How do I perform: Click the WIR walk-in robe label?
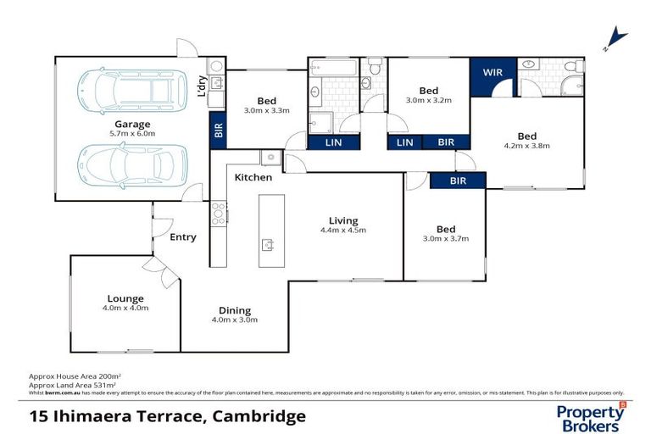[x=492, y=72]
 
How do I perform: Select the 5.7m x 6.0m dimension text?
[x=133, y=134]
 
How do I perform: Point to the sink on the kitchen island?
[x=268, y=246]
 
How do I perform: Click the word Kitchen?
[x=253, y=177]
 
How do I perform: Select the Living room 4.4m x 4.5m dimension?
[x=343, y=231]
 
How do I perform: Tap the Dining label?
[x=234, y=310]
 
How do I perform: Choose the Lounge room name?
[x=125, y=298]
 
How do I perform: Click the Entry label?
[x=182, y=237]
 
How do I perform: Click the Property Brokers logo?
[x=591, y=417]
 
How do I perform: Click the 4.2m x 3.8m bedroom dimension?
[x=526, y=146]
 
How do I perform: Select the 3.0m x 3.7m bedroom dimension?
[x=446, y=239]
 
